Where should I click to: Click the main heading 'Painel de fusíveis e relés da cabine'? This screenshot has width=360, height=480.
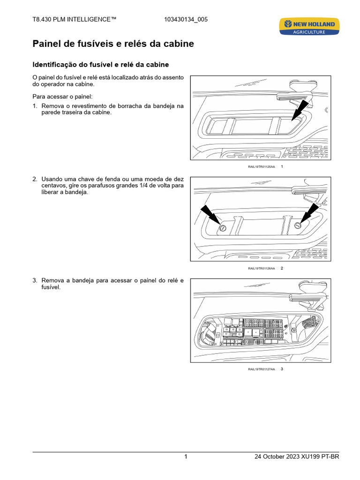pos(113,44)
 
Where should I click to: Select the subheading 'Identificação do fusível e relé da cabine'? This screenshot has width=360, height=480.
pos(100,64)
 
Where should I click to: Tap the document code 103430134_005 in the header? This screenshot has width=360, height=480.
pos(186,19)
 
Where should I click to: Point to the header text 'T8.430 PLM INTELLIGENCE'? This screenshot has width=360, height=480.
pos(74,19)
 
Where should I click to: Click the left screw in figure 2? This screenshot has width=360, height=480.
pos(223,228)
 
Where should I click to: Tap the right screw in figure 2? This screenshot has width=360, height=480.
pos(298,226)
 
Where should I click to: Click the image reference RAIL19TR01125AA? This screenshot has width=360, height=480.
pos(262,167)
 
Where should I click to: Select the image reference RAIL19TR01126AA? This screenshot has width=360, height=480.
pos(262,269)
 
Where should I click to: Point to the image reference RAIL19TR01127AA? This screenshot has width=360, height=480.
pos(262,369)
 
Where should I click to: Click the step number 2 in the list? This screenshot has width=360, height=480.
pos(35,179)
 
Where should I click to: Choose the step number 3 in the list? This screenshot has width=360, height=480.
pos(35,280)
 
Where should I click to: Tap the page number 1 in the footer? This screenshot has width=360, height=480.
pos(186,457)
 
